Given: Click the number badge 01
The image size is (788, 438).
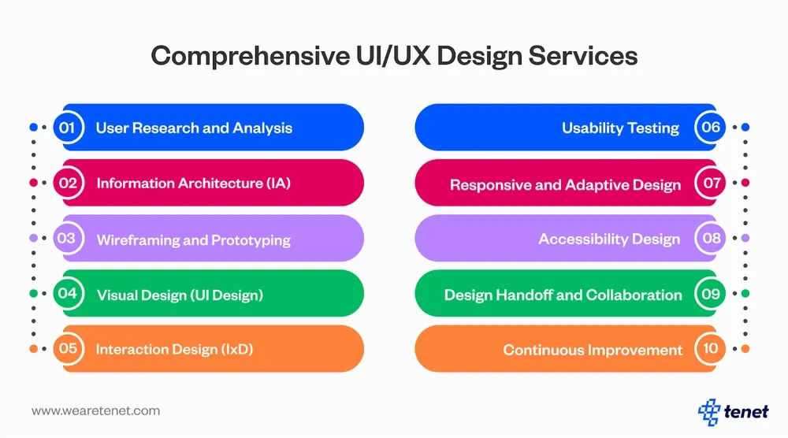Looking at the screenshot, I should (68, 128).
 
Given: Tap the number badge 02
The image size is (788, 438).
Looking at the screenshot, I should (68, 183).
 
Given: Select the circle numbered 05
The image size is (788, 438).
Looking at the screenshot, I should (68, 349).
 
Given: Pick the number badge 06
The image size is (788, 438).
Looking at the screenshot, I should (711, 128).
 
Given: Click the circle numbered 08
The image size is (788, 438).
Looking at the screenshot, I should (711, 238).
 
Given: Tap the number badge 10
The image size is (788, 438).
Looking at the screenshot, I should (711, 349).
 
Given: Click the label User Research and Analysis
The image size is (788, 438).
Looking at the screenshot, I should (194, 128).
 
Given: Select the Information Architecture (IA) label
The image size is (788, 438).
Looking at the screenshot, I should (194, 184).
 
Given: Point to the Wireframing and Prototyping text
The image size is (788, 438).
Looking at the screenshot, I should (194, 239).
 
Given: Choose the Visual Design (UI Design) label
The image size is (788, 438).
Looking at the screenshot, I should (180, 295).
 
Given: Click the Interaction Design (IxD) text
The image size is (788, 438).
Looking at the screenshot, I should (174, 349).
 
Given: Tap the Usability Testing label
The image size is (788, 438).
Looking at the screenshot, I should (620, 128).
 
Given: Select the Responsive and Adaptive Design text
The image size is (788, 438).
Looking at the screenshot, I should (565, 185).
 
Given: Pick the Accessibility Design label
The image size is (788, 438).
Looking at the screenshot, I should (609, 239).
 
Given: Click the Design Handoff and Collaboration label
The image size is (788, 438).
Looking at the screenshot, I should (563, 295).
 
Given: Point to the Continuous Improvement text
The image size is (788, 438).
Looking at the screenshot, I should (593, 350).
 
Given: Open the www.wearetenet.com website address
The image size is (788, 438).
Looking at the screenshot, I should (95, 410).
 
